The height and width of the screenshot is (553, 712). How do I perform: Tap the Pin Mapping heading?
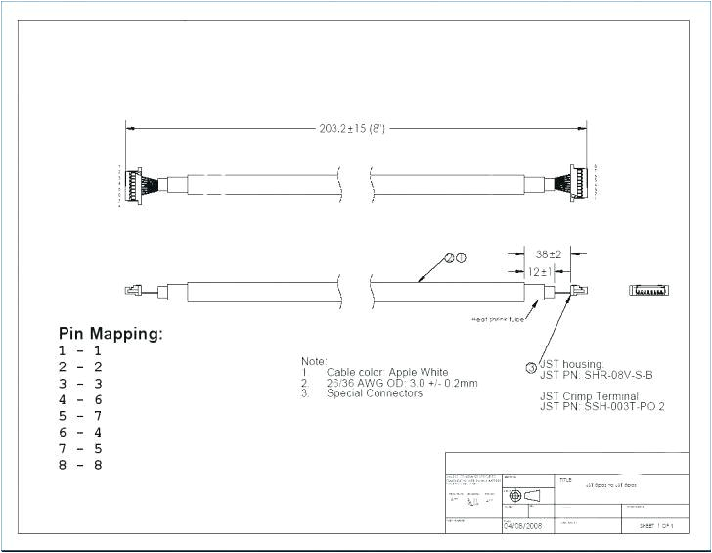(x=111, y=334)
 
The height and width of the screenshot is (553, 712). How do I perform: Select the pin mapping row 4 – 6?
(x=80, y=399)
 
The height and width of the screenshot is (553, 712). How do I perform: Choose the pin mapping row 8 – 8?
(x=80, y=465)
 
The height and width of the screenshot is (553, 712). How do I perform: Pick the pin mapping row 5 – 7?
(x=80, y=416)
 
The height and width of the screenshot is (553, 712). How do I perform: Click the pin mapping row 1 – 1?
(x=80, y=350)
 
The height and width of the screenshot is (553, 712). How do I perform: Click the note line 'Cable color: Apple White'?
(x=387, y=373)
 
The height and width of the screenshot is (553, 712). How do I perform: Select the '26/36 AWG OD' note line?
(x=402, y=383)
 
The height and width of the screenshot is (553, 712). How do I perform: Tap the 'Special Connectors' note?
(x=375, y=393)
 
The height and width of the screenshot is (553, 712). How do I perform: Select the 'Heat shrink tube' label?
(x=500, y=318)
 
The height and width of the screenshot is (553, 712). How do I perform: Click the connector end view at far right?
(x=648, y=291)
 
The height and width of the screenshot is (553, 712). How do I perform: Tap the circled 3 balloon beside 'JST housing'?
(x=531, y=368)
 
